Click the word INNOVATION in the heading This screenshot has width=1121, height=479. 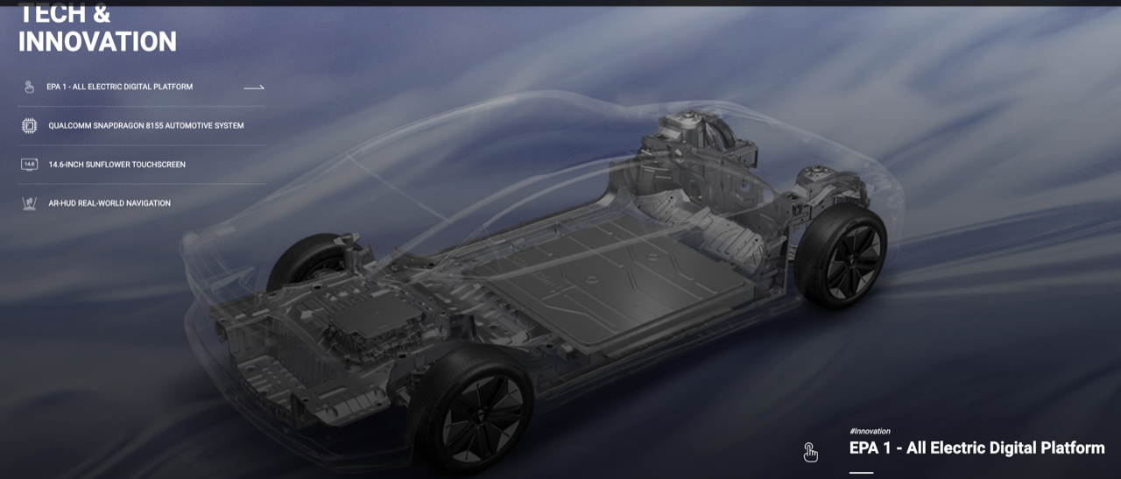(97, 41)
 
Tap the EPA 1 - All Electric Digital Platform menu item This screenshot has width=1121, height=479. (120, 87)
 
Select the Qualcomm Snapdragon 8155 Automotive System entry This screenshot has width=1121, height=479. (146, 125)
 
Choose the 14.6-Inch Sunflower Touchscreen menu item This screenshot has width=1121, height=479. (117, 165)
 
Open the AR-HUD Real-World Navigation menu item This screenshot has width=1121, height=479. (109, 203)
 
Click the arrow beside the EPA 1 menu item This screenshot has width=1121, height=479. (254, 88)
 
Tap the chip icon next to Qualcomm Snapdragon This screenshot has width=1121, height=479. (30, 125)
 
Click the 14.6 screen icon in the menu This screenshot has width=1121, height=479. (30, 165)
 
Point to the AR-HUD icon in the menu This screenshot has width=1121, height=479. (30, 204)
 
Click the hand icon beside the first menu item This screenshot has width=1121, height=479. (29, 87)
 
